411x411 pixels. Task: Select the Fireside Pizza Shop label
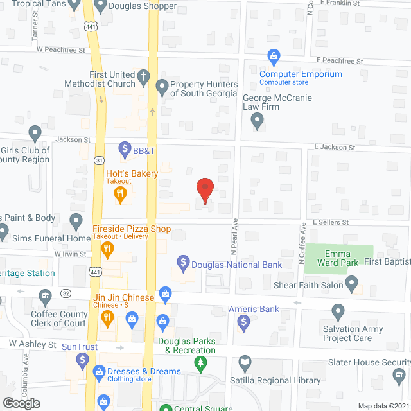[132, 229]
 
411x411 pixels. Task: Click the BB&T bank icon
[124, 151]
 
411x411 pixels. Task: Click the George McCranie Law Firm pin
[257, 120]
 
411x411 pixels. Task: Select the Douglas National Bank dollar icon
[183, 263]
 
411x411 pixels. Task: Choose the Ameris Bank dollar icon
[243, 325]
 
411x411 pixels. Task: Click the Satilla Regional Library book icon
[243, 364]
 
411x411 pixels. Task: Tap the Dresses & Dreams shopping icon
[100, 371]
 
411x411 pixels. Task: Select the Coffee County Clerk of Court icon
[45, 297]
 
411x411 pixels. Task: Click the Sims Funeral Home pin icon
[76, 222]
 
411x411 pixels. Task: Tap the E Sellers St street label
[331, 222]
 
